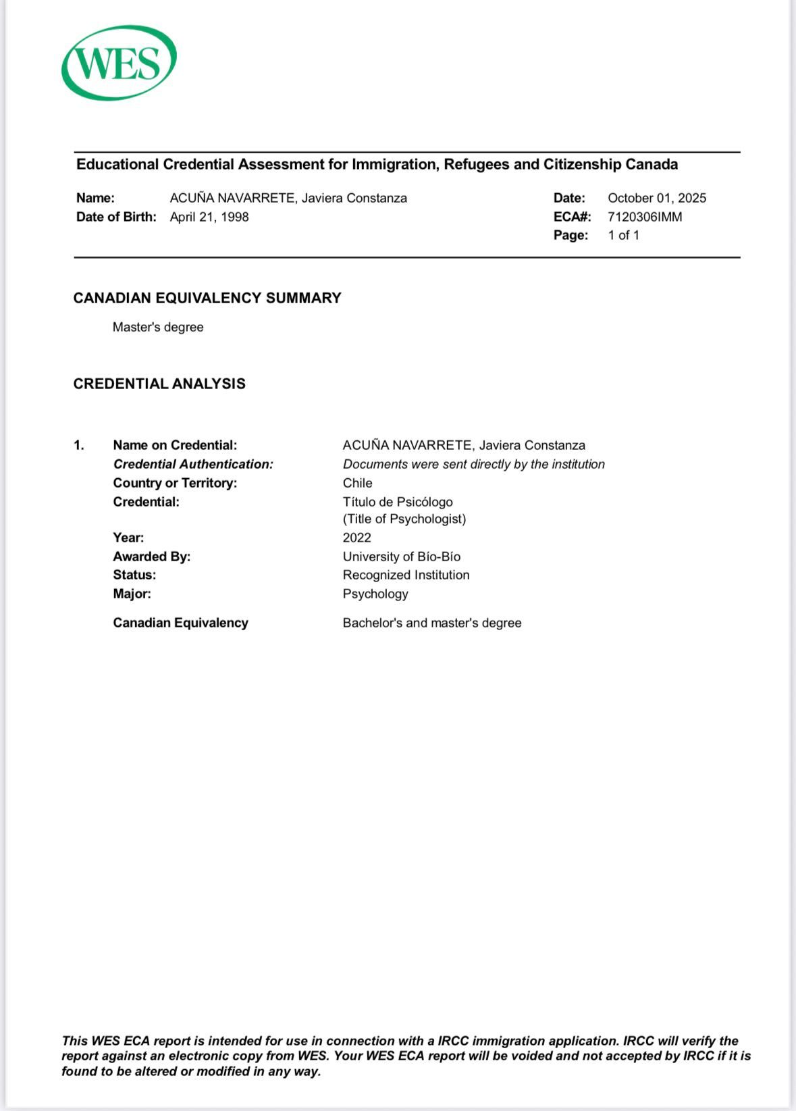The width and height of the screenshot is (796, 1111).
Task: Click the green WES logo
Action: pos(119,63)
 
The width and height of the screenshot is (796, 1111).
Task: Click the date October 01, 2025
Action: pos(656,198)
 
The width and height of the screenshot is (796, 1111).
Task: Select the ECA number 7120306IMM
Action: pos(644,217)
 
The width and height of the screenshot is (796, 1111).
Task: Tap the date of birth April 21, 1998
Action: pos(209,217)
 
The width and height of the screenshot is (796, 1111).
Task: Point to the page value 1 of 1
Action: pos(623,235)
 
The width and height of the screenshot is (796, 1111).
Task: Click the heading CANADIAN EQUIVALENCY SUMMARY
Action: pos(207,298)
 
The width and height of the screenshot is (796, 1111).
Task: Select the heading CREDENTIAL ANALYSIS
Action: pos(159,384)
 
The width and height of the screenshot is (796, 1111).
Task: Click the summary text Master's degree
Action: pos(158,327)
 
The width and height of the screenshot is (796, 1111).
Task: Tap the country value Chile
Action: pos(357,483)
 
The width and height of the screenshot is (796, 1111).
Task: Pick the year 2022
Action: pos(356,538)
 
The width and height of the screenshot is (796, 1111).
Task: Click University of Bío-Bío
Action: pos(401,557)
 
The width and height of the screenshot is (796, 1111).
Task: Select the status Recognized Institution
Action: pos(406,575)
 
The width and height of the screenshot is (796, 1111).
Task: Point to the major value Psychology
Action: pos(375,594)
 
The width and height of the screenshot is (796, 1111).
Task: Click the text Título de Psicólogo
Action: pos(398,502)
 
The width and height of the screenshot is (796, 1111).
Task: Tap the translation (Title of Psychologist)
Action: pos(404,519)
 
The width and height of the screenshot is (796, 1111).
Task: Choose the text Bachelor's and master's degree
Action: pos(431,623)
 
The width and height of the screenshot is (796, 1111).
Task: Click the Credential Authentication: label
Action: pos(193,464)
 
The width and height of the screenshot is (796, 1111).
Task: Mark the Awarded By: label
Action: pos(152,557)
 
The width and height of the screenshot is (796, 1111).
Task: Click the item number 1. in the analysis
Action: pos(79,445)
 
